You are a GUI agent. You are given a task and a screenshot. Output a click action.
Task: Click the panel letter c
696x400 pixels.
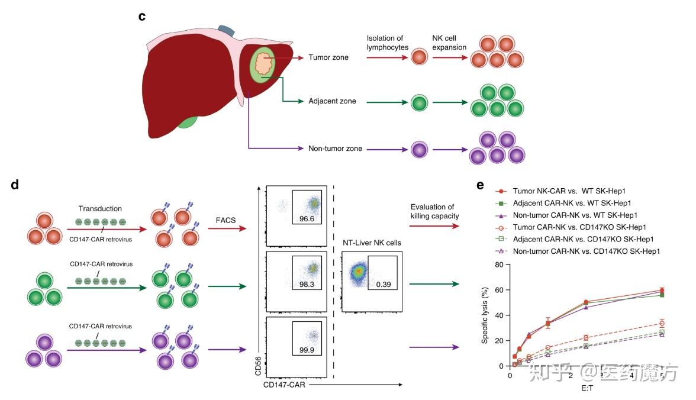(x=142, y=16)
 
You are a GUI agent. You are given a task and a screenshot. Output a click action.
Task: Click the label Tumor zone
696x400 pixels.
(x=328, y=57)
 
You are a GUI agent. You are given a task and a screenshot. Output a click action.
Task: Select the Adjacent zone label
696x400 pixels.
(x=332, y=101)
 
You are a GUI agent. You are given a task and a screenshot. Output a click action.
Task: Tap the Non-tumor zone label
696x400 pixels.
(x=336, y=149)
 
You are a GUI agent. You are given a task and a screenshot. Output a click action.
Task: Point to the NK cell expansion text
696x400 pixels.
(x=449, y=43)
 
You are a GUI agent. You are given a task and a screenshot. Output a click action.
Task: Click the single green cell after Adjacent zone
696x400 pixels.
(x=420, y=102)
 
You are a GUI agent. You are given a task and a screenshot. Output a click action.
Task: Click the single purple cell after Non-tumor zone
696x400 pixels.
(x=420, y=149)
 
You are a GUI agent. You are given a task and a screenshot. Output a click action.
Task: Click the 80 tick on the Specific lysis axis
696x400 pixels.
(x=498, y=265)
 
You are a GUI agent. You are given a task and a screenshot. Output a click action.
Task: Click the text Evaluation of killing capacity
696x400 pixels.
(x=433, y=212)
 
